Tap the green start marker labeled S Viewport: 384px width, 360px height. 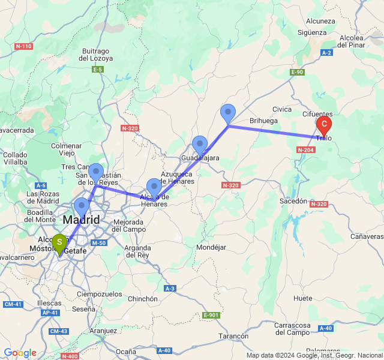(x=59, y=243)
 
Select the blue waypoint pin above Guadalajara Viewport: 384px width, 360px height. (x=200, y=145)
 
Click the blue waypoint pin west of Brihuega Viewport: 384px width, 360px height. (x=228, y=113)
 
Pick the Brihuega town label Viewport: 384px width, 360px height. (x=264, y=121)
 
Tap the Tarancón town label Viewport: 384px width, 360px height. (x=233, y=336)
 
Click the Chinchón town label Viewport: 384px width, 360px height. (x=143, y=299)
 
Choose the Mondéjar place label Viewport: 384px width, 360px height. (x=211, y=247)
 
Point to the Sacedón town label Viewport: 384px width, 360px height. (x=293, y=202)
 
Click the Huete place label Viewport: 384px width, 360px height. (x=303, y=298)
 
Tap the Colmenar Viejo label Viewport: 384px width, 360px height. (x=66, y=149)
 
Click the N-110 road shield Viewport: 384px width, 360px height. (x=24, y=46)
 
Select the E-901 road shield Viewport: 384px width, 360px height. (x=211, y=315)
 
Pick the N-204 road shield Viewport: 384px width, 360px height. (x=305, y=149)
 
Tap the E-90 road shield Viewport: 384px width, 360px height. (x=297, y=73)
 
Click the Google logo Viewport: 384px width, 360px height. (x=20, y=353)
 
